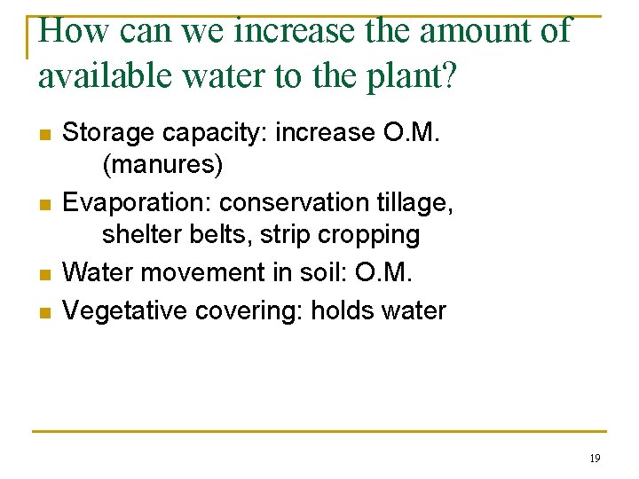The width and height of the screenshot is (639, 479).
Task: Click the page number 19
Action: click(595, 459)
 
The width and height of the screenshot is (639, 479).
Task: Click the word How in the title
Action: click(74, 31)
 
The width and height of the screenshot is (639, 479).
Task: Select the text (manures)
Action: click(162, 165)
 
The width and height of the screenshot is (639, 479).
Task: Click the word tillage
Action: click(418, 203)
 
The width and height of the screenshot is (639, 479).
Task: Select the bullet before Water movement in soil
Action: click(43, 274)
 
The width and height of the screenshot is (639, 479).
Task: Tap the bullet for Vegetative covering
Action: click(43, 312)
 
